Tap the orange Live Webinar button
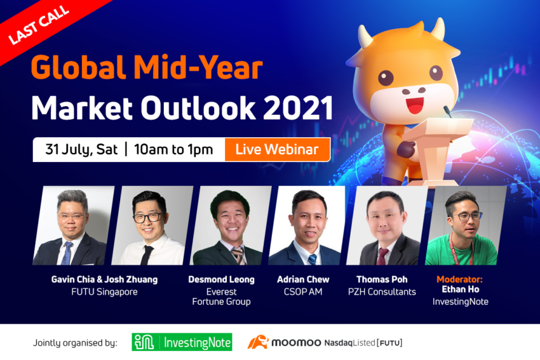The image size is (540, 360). pyautogui.click(x=277, y=149)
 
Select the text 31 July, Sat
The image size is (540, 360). pyautogui.click(x=81, y=150)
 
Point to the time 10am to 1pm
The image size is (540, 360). pyautogui.click(x=173, y=150)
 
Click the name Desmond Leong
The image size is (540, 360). pyautogui.click(x=222, y=279)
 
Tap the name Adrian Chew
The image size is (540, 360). pyautogui.click(x=303, y=279)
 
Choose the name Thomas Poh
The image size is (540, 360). pyautogui.click(x=382, y=279)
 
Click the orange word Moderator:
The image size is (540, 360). pyautogui.click(x=459, y=279)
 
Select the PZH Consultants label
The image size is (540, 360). pyautogui.click(x=382, y=292)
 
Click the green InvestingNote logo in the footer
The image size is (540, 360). pyautogui.click(x=182, y=342)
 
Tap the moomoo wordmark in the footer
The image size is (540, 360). pyautogui.click(x=296, y=343)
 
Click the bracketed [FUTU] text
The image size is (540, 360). pyautogui.click(x=389, y=343)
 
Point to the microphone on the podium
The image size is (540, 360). pyautogui.click(x=447, y=111)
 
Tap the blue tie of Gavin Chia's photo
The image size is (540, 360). pyautogui.click(x=67, y=253)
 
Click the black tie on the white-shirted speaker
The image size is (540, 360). pyautogui.click(x=147, y=255)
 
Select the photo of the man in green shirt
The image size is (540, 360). pyautogui.click(x=466, y=226)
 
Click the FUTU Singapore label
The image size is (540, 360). pyautogui.click(x=104, y=292)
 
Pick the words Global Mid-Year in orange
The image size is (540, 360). pyautogui.click(x=147, y=67)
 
